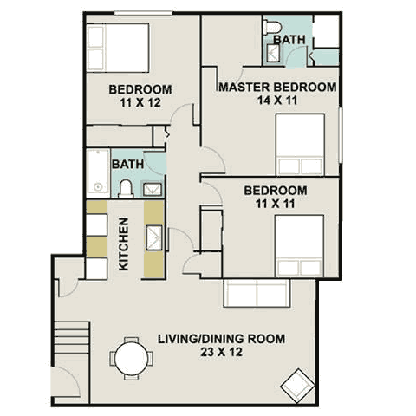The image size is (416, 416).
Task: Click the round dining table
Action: (x=131, y=359)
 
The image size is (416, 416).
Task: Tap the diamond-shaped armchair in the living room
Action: (x=298, y=386)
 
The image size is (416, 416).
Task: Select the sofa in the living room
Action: (x=257, y=293)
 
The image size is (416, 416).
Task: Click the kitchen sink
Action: (x=154, y=237)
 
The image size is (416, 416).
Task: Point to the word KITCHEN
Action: (x=124, y=244)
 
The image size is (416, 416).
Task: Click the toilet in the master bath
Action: (x=273, y=27)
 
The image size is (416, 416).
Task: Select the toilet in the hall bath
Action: (x=126, y=189)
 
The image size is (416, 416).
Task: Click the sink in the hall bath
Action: (x=153, y=189)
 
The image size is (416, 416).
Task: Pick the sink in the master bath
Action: (x=273, y=53)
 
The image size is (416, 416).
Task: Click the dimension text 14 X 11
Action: (x=277, y=101)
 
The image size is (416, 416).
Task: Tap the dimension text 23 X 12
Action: (x=222, y=352)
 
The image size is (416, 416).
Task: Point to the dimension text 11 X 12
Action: (x=140, y=102)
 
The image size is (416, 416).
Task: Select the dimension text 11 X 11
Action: (x=276, y=204)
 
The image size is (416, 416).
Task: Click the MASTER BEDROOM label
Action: (x=277, y=87)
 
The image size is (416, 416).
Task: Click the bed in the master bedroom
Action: (x=300, y=145)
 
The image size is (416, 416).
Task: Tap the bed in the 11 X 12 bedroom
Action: (x=118, y=48)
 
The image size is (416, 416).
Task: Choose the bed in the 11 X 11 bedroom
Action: (x=299, y=245)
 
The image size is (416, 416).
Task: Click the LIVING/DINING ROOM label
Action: (x=222, y=339)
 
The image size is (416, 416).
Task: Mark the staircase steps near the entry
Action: (x=72, y=336)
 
